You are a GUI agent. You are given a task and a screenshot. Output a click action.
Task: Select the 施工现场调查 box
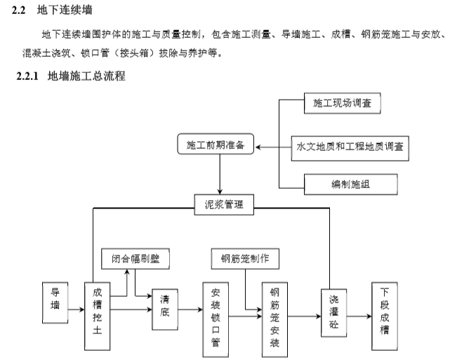[342, 105]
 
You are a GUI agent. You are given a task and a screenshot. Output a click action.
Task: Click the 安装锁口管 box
[215, 316]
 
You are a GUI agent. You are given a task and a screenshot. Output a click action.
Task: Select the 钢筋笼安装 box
[274, 316]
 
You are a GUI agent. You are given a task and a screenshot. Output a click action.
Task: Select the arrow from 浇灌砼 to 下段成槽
[359, 315]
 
